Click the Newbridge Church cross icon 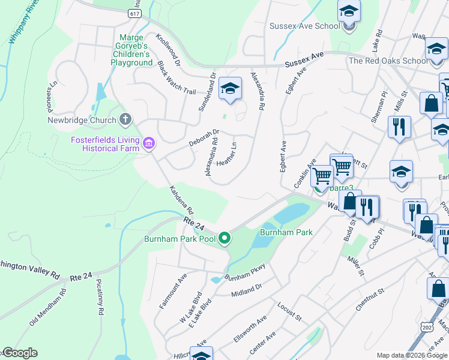point(125,119)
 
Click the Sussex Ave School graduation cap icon point(348,13)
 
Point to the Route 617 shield point(134,13)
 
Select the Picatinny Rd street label point(100,298)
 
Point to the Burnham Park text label point(286,232)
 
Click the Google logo point(19,353)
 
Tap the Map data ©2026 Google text point(412,355)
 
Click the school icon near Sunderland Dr point(229,89)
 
